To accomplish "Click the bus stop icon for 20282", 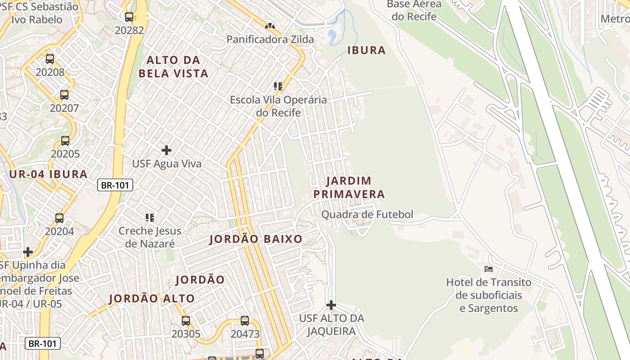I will pyautogui.click(x=129, y=17).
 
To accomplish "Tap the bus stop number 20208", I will pyautogui.click(x=50, y=72).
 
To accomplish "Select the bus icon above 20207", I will pyautogui.click(x=64, y=95).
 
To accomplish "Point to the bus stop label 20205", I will pyautogui.click(x=65, y=154).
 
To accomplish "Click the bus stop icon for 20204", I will pyautogui.click(x=59, y=218).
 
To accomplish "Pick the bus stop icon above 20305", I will pyautogui.click(x=186, y=321).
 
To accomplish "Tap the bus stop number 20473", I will pyautogui.click(x=245, y=334).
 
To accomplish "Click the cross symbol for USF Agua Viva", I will pyautogui.click(x=166, y=150).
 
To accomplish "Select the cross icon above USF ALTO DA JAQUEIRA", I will pyautogui.click(x=331, y=305).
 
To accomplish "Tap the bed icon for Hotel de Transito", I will pyautogui.click(x=489, y=269).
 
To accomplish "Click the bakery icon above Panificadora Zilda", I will pyautogui.click(x=270, y=27).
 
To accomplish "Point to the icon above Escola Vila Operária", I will pyautogui.click(x=278, y=86).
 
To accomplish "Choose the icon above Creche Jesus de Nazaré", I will pyautogui.click(x=150, y=218).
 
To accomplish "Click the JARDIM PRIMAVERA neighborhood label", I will pyautogui.click(x=349, y=187).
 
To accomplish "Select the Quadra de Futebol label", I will pyautogui.click(x=367, y=215).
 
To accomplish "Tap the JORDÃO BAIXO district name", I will pyautogui.click(x=256, y=239).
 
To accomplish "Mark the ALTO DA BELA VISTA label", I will pyautogui.click(x=173, y=67).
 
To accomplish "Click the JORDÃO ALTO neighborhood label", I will pyautogui.click(x=152, y=298).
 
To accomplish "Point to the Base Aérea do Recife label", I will pyautogui.click(x=414, y=10).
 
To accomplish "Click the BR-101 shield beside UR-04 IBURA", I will pyautogui.click(x=115, y=184).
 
